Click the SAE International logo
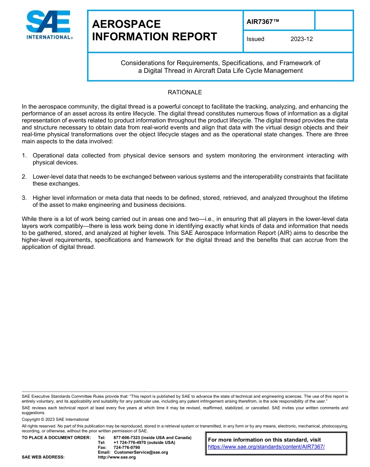[49, 25]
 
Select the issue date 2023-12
[301, 39]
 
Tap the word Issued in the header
[255, 39]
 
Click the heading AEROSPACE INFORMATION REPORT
[154, 30]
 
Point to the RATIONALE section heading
[185, 92]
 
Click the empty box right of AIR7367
[333, 20]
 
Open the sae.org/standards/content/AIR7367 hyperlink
[266, 447]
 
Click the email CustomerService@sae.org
[141, 452]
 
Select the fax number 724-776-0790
[127, 448]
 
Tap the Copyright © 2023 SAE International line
[55, 419]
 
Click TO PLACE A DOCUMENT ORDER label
[56, 438]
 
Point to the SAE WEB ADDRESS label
[43, 457]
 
